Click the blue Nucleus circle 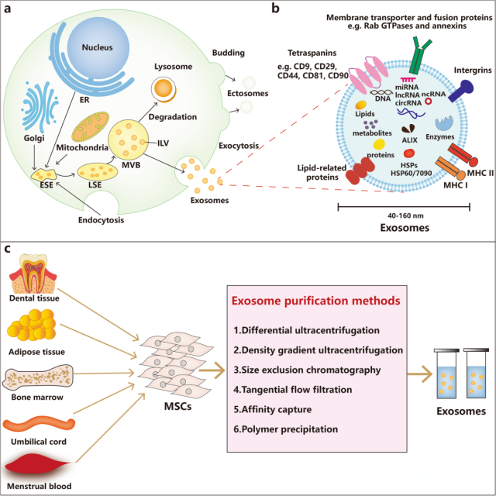pyautogui.click(x=98, y=46)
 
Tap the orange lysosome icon pyautogui.click(x=164, y=90)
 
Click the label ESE pyautogui.click(x=46, y=185)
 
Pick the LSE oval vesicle pyautogui.click(x=98, y=172)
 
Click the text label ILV pyautogui.click(x=164, y=143)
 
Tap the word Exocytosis pyautogui.click(x=239, y=146)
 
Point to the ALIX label pyautogui.click(x=410, y=139)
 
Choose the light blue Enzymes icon pyautogui.click(x=444, y=123)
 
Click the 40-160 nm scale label pyautogui.click(x=405, y=215)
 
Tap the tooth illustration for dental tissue pyautogui.click(x=33, y=274)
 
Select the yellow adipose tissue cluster pyautogui.click(x=32, y=325)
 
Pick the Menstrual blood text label pyautogui.click(x=40, y=486)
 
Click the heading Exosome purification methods pyautogui.click(x=316, y=300)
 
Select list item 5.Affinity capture pyautogui.click(x=272, y=409)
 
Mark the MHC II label pyautogui.click(x=480, y=173)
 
